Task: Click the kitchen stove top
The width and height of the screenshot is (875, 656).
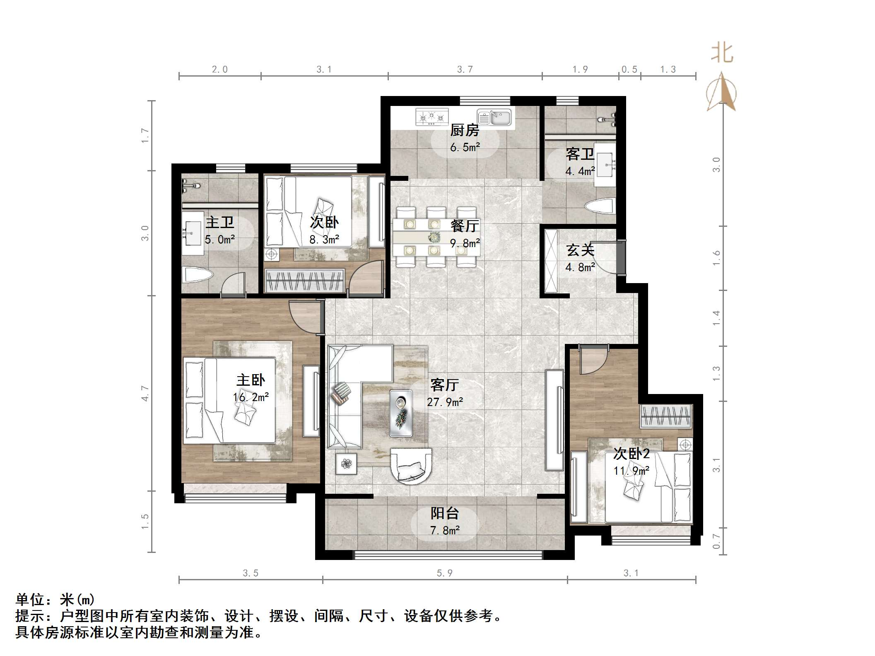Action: [432, 117]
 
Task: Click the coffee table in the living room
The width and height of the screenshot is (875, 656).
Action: [401, 413]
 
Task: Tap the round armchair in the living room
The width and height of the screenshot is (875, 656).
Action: [412, 465]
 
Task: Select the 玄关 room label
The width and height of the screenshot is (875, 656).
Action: [581, 250]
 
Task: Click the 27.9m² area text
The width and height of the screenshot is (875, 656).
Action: [445, 402]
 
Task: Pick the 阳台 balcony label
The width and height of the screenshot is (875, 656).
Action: [445, 513]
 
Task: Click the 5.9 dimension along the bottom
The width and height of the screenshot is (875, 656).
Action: [444, 573]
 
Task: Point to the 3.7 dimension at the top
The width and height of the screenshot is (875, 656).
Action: [465, 69]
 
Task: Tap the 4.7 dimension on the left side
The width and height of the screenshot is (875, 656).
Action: [145, 393]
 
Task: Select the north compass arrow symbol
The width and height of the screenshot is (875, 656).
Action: [722, 92]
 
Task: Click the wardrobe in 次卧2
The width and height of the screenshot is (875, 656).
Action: [666, 416]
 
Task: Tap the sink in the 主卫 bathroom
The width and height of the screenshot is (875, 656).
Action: [193, 233]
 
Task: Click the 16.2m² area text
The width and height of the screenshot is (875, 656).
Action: [251, 397]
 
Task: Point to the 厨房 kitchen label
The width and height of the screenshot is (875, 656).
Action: [465, 130]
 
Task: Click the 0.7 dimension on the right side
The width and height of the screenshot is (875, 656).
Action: [716, 541]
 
